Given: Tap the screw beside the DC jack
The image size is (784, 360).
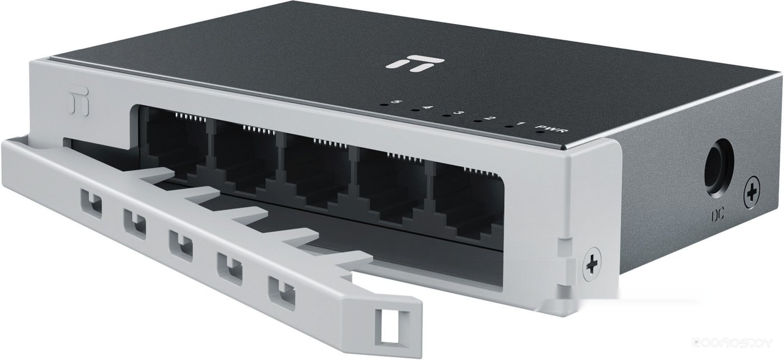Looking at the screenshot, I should click(752, 195).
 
